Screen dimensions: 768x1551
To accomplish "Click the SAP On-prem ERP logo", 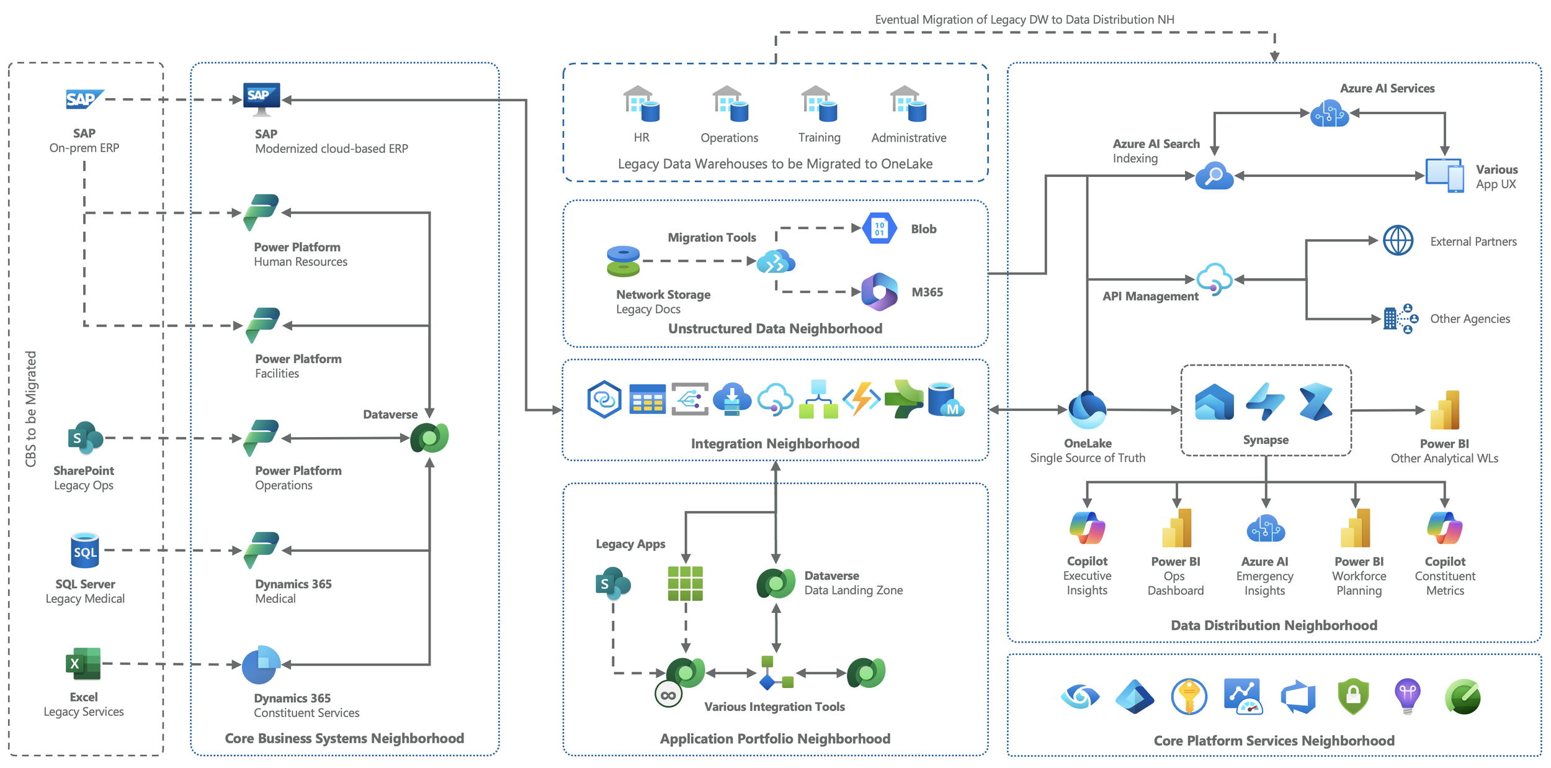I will [84, 99].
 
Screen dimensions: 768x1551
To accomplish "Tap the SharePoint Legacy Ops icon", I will [85, 438].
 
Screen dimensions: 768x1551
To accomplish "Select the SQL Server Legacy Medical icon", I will [85, 550].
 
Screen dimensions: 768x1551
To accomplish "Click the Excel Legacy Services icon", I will [83, 663].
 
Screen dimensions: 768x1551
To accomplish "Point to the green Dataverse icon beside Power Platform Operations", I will [429, 438].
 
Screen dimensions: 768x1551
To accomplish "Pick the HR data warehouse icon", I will [641, 104].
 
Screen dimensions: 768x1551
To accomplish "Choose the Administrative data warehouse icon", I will [908, 104].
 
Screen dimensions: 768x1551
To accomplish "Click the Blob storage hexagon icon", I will [880, 228].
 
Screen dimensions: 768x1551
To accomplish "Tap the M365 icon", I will [879, 292].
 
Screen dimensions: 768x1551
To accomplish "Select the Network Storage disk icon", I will [623, 261].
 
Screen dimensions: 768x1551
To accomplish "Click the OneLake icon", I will [1087, 410].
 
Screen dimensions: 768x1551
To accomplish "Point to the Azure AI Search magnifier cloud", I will [1214, 176].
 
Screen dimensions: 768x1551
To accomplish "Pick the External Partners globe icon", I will [1398, 241].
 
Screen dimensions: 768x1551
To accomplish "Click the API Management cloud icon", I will [1214, 279].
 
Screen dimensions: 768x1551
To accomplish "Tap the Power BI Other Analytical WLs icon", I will [1444, 410].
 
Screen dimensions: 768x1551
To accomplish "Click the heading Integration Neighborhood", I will [775, 443].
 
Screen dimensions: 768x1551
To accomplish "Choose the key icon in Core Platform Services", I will [1189, 697].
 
